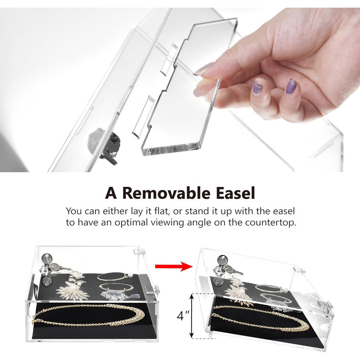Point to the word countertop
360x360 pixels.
(x=270, y=222)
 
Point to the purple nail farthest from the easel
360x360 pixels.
(x=291, y=87)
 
